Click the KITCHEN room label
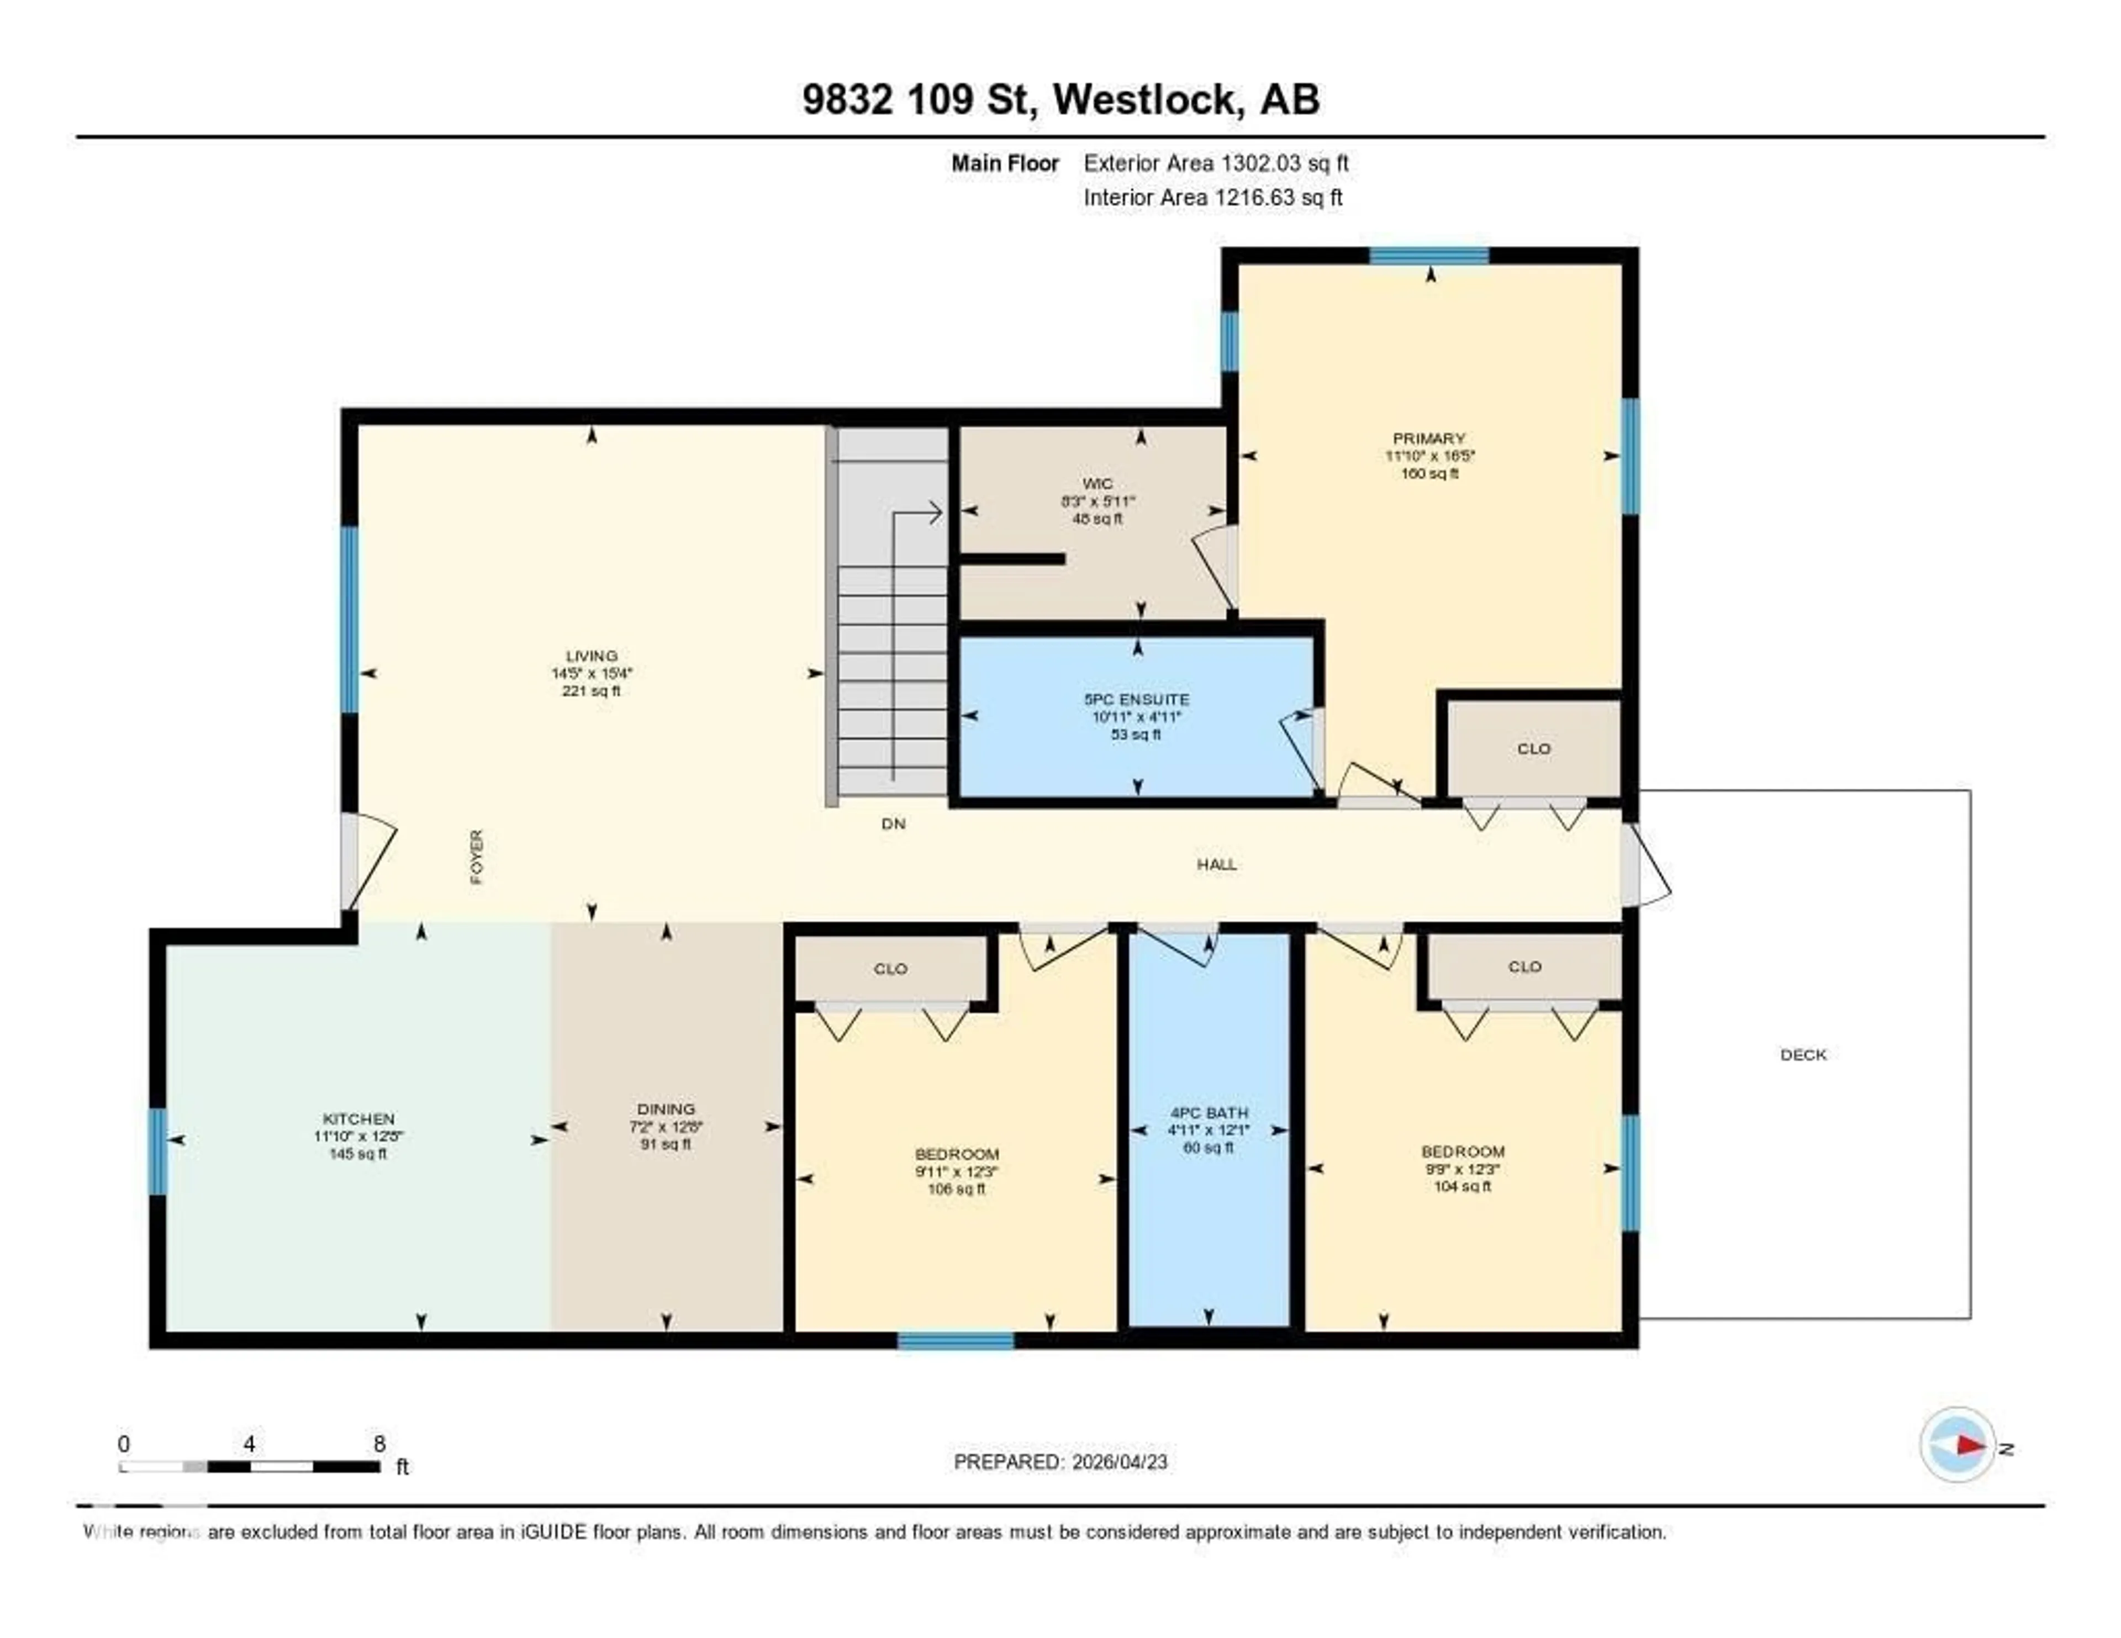point(358,1118)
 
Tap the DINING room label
point(666,1109)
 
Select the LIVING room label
point(592,656)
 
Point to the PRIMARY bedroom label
point(1428,438)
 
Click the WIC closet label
point(1098,484)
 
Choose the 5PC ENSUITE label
point(1136,699)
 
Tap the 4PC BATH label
point(1208,1113)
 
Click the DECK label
point(1803,1054)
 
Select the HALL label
point(1217,864)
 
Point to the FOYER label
point(477,857)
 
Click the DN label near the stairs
point(894,823)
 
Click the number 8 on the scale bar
point(379,1444)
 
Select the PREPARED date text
point(1060,1461)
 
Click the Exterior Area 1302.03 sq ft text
point(1216,163)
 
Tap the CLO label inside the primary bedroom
point(1533,749)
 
